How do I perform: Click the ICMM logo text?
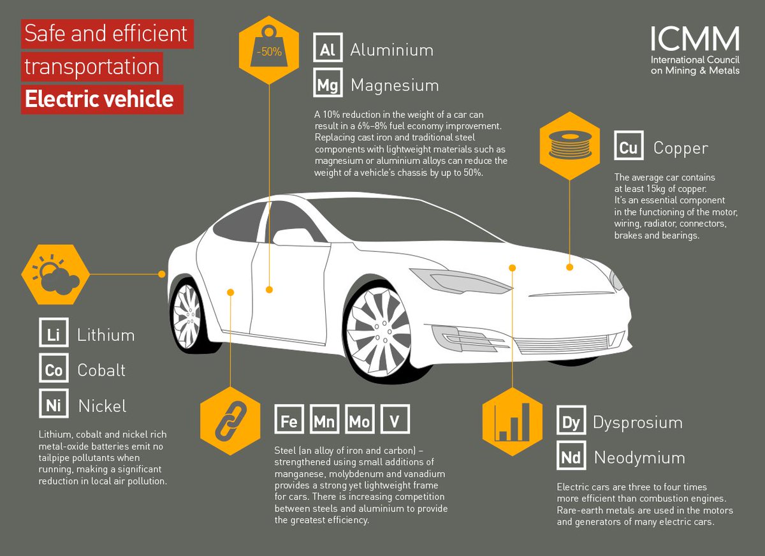point(695,40)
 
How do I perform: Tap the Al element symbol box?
point(328,50)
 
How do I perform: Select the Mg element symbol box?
point(328,85)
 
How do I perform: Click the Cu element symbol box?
point(629,148)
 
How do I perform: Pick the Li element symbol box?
point(54,335)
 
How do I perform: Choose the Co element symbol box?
point(54,370)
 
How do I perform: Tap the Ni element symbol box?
point(54,405)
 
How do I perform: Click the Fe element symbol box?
point(289,421)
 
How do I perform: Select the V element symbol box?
point(395,421)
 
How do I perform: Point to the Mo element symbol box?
point(360,421)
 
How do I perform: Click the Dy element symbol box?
point(571,422)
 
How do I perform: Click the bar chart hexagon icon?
point(513,421)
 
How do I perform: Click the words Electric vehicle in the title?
point(101,99)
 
